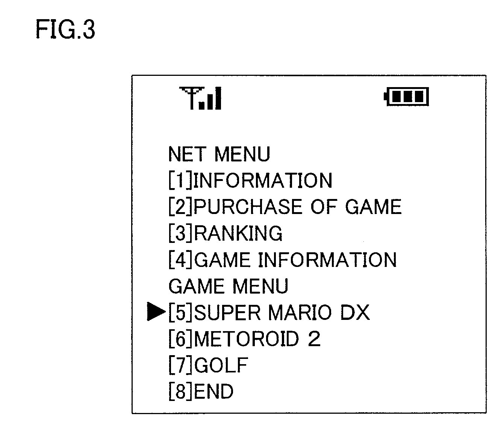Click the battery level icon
pos(407,97)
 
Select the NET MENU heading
pos(219,154)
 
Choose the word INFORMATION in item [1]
pos(263,181)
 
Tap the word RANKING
pos(238,233)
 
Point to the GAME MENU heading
pos(228,286)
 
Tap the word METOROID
pos(247,339)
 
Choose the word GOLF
pos(222,365)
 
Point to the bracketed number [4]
pos(181,260)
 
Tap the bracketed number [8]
pos(181,391)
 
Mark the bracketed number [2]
pos(181,207)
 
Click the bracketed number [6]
pos(181,339)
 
